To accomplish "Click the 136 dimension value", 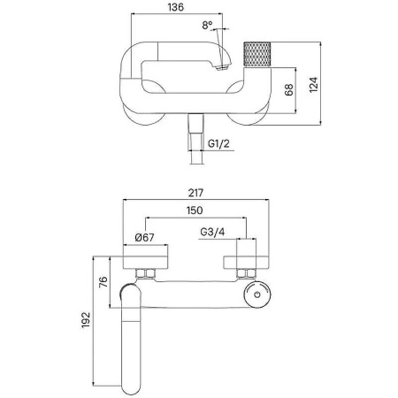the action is tap(176, 7).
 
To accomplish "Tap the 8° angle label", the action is tap(207, 26).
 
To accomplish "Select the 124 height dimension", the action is tap(314, 85).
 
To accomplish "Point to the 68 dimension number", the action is tap(289, 89).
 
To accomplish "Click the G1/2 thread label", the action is tap(218, 143).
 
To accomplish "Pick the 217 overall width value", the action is tap(195, 193).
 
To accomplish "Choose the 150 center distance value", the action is tap(195, 210).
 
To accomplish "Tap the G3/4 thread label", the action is tap(212, 232).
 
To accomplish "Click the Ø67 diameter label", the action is tap(144, 237).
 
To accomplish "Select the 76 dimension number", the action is tap(103, 282).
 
